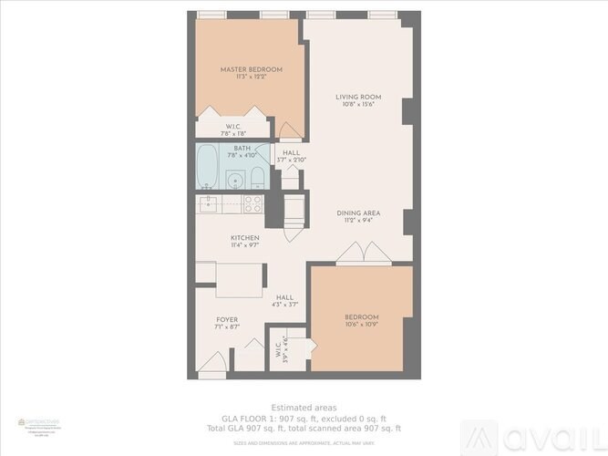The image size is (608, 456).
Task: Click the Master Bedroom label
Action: click(251, 69)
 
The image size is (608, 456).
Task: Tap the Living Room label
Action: click(357, 97)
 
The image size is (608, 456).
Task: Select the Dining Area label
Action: click(357, 212)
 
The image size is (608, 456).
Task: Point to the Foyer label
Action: click(226, 320)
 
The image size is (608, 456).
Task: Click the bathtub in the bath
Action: click(208, 167)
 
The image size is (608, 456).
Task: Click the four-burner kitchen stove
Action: click(253, 203)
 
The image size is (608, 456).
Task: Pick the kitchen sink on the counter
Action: click(209, 202)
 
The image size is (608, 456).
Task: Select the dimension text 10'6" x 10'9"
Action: click(362, 325)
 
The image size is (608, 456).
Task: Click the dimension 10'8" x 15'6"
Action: click(357, 105)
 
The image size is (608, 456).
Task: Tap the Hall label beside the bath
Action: click(292, 152)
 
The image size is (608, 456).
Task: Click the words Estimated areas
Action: click(304, 407)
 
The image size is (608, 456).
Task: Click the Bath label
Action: click(242, 148)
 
